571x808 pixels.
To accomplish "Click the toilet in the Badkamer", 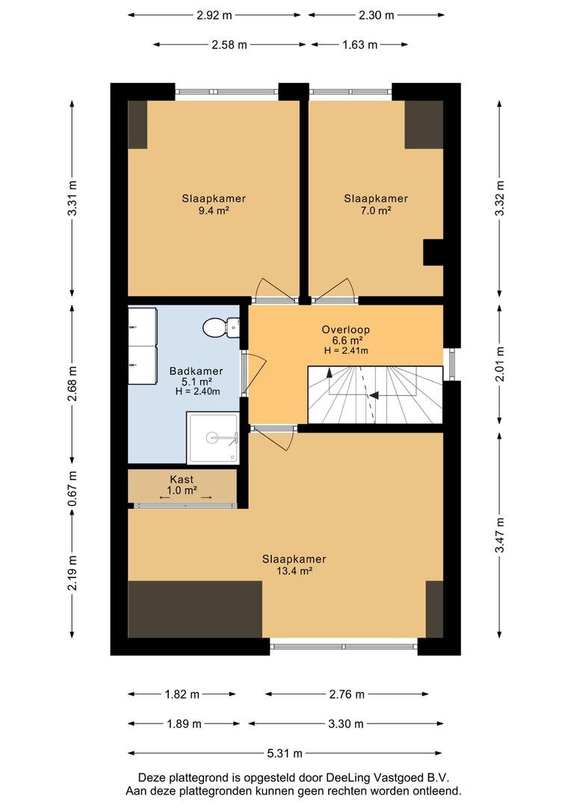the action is tap(221, 327).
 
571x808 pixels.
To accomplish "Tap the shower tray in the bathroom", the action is tap(213, 438).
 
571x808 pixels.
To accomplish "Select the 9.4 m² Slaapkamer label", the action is tap(214, 204).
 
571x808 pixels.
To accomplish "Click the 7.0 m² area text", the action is tap(376, 210).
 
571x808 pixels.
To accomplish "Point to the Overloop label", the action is tap(346, 329).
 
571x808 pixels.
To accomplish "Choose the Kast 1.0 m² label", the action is tap(182, 485).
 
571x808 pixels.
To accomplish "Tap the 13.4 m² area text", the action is tap(294, 571).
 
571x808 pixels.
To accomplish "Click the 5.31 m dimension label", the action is tap(285, 753).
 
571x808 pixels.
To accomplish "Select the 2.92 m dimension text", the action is tap(214, 16).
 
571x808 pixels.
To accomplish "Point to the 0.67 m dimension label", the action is tap(72, 488).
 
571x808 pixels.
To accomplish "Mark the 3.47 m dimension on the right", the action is tap(499, 535).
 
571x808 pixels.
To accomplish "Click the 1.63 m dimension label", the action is tap(360, 45).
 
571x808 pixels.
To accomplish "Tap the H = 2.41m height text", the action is tap(346, 351).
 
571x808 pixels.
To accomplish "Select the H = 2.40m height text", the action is tap(198, 391).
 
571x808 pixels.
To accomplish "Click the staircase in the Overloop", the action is tap(375, 395).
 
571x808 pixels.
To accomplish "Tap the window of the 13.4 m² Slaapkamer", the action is tap(344, 646).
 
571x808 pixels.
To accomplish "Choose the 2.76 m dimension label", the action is tap(347, 694).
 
